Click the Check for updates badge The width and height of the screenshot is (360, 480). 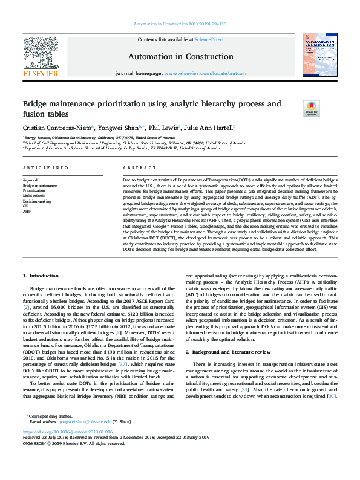[310, 109]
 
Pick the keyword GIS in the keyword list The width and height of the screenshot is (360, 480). [26, 206]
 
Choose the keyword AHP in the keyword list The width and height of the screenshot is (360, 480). [27, 211]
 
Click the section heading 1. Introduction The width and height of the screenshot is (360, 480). [41, 276]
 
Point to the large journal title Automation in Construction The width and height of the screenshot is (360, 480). [180, 57]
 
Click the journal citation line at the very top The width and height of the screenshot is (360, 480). [180, 24]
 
